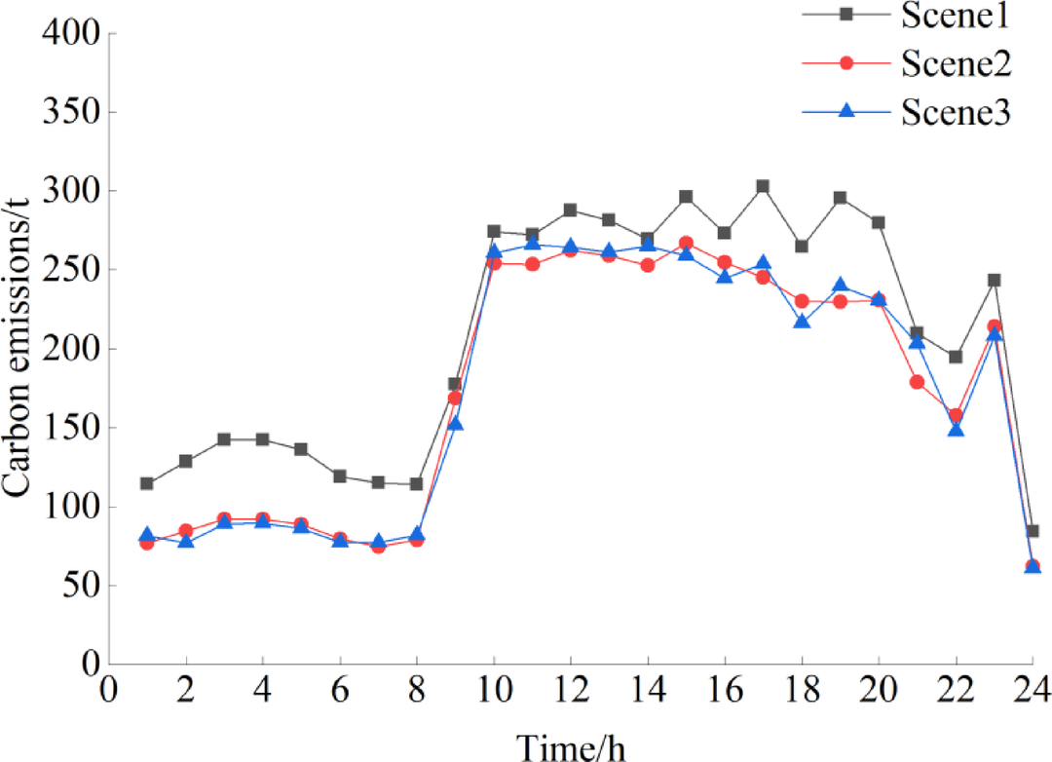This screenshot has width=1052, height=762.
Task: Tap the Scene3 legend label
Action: [956, 112]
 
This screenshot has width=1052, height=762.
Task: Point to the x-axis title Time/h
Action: [571, 746]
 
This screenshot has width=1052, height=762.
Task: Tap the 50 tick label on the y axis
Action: [77, 587]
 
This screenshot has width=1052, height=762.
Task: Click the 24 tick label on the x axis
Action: [1031, 692]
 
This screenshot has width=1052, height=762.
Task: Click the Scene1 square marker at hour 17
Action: [763, 186]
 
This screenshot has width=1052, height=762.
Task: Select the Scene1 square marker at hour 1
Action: [147, 483]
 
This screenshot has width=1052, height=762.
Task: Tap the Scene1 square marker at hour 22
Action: [955, 357]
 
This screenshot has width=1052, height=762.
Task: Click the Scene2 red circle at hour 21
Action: [917, 382]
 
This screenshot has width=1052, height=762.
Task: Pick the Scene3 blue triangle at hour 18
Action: [802, 321]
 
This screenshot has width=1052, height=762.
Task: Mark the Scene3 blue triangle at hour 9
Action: [455, 423]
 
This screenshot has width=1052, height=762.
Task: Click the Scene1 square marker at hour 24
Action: [1032, 531]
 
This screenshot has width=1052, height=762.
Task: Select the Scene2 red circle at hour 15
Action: [686, 243]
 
